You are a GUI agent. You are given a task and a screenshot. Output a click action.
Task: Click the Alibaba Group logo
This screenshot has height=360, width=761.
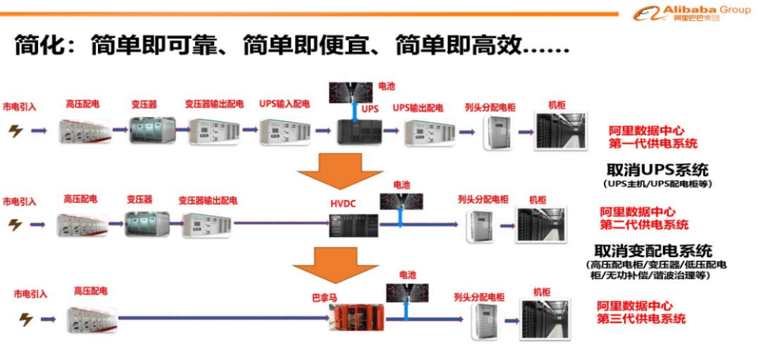(x=691, y=13)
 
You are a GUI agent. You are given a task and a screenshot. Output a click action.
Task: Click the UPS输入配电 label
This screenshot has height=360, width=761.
(x=284, y=104)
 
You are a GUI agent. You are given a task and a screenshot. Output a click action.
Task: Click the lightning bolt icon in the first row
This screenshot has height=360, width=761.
(x=16, y=130)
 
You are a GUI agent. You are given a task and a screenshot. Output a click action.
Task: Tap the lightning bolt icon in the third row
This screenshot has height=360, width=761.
(x=26, y=319)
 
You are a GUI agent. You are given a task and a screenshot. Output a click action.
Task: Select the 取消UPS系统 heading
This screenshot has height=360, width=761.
(x=657, y=170)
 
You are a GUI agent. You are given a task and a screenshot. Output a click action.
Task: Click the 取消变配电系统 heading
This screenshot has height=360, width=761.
(x=653, y=251)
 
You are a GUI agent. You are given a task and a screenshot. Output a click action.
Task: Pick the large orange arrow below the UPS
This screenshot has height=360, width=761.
(x=340, y=170)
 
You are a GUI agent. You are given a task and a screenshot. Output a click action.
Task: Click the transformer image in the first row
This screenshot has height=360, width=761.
(x=152, y=130)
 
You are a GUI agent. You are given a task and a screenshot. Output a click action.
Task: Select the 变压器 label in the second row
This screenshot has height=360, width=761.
(x=140, y=199)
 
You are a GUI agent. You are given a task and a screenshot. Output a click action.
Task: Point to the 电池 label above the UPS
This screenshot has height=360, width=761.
(x=387, y=87)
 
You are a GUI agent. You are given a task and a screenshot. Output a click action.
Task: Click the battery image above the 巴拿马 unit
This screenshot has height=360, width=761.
(x=407, y=292)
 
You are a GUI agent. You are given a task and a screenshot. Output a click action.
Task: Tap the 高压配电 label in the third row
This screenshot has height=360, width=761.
(x=91, y=291)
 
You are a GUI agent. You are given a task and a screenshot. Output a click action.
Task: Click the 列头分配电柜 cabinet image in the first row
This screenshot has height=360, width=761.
(x=496, y=132)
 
